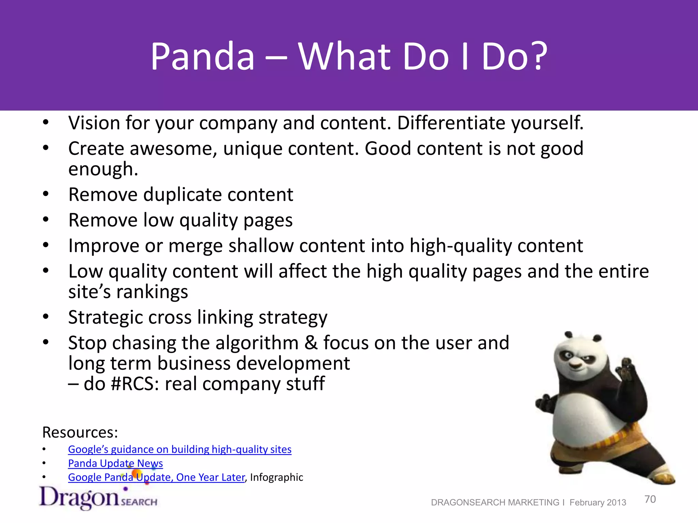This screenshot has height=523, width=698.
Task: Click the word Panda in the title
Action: pos(203,56)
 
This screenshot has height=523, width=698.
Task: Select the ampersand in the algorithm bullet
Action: pos(310,343)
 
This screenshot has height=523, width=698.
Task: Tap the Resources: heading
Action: pos(80,432)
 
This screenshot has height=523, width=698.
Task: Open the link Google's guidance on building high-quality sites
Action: pos(180,449)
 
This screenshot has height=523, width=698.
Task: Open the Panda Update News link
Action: pos(115,463)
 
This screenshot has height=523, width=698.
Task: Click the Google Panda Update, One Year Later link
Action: pos(156,477)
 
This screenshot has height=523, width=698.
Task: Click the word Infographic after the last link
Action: pos(276,477)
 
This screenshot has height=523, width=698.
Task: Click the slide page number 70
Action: pos(650,499)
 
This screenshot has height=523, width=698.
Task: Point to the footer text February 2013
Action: pos(597,503)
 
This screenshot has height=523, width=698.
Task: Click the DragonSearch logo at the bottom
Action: pos(98,498)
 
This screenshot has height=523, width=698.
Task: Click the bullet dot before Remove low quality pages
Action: pos(46,220)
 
